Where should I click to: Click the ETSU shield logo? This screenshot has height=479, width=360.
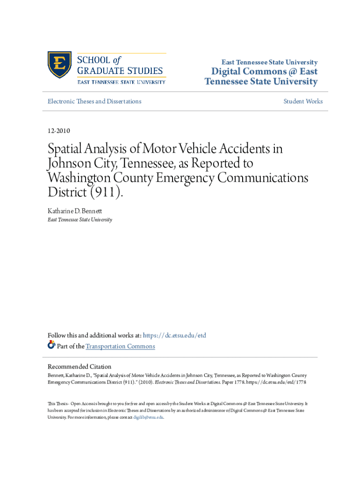tap(59, 65)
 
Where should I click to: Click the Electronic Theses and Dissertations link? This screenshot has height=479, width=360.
tap(94, 101)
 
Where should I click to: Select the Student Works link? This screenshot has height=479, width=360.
tap(303, 101)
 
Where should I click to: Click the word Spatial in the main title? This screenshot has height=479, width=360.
tap(70, 150)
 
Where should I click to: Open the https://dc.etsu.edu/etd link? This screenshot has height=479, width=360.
tap(174, 335)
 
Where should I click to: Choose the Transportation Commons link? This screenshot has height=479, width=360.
tap(120, 346)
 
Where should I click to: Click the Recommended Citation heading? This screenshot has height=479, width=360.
tap(79, 367)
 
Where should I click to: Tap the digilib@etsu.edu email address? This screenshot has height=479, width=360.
tap(148, 417)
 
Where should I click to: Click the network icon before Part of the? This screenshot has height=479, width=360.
tap(51, 346)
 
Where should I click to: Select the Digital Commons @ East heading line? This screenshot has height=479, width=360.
tap(265, 72)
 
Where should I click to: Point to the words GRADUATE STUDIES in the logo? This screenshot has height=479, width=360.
tap(120, 71)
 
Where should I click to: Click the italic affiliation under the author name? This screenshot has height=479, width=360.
tap(80, 219)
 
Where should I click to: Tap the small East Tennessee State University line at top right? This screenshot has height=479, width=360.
tap(270, 62)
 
